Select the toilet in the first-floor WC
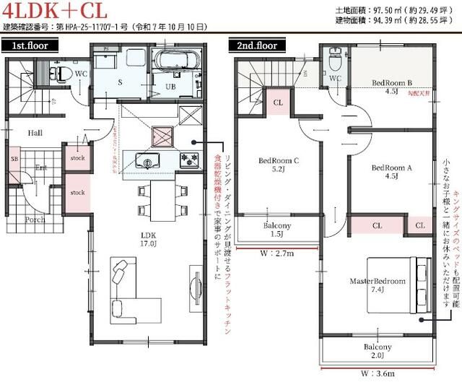(x=61, y=73)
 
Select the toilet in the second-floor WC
(x=334, y=56)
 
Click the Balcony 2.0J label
(x=379, y=352)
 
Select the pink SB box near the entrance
(x=14, y=158)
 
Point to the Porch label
(x=35, y=220)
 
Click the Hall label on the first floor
(x=35, y=134)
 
